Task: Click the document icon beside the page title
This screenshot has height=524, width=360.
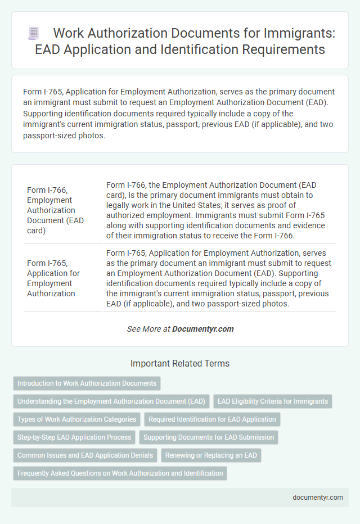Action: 34,34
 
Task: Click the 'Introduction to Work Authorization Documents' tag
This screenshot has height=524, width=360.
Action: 87,383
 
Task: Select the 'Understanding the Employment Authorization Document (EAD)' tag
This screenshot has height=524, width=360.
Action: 111,401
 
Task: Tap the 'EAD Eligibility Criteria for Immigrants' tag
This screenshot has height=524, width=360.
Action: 273,401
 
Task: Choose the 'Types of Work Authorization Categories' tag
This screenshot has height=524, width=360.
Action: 76,419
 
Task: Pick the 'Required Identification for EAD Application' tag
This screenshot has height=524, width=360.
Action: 212,419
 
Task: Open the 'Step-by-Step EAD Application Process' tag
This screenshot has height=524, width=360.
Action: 74,437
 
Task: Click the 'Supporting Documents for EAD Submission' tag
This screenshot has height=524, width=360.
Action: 209,437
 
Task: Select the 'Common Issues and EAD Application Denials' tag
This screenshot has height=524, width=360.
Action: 85,455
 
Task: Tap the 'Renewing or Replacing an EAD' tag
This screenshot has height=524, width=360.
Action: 211,455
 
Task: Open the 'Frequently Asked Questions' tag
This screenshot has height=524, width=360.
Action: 120,473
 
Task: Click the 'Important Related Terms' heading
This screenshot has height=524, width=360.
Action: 180,364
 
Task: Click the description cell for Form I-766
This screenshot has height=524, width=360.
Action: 219,210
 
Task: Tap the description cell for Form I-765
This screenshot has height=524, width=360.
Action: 219,278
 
